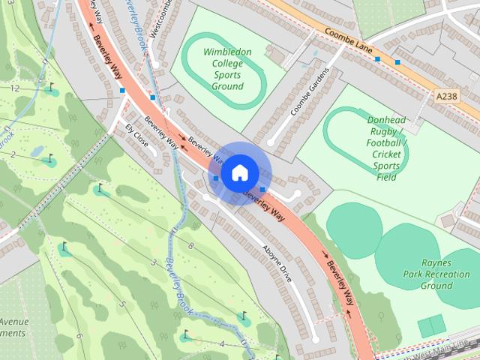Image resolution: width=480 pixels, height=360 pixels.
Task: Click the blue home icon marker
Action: pyautogui.click(x=239, y=172)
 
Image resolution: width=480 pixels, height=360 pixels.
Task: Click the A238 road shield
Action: pyautogui.click(x=445, y=95)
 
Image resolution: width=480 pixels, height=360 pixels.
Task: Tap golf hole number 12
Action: pyautogui.click(x=14, y=88)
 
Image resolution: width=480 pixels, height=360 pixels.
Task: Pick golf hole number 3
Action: pyautogui.click(x=153, y=262)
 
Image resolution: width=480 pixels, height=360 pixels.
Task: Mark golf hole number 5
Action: pyautogui.click(x=121, y=304)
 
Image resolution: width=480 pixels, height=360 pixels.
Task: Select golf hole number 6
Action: pyautogui.click(x=79, y=335)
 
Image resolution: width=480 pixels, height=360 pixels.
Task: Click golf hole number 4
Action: pyautogui.click(x=221, y=344)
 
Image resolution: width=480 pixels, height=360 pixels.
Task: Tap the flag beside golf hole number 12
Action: pyautogui.click(x=50, y=88)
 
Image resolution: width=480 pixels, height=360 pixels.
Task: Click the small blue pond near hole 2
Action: pyautogui.click(x=37, y=151)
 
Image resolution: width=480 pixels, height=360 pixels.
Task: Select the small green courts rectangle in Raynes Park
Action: pyautogui.click(x=431, y=327)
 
